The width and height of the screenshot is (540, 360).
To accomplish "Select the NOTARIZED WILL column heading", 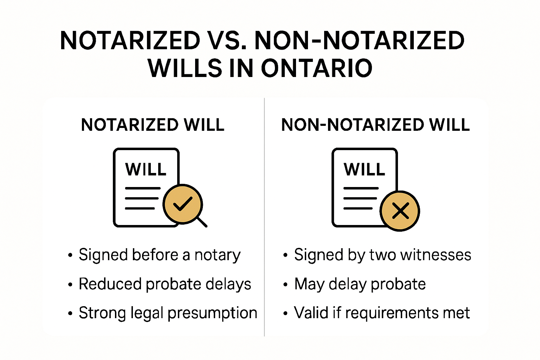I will [153, 125].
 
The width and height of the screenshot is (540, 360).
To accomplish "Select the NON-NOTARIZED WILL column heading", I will [375, 125].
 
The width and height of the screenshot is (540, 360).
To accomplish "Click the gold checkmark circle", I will [182, 204].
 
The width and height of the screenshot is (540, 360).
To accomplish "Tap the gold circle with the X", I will [400, 211].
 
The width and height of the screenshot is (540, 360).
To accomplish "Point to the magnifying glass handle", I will [201, 222].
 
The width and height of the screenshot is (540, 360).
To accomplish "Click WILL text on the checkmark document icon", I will [146, 169].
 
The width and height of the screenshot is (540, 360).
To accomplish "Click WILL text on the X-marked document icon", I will [365, 169].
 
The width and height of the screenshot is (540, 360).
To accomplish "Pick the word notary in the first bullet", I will [218, 255].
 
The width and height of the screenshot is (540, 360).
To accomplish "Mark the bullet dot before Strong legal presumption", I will [70, 313].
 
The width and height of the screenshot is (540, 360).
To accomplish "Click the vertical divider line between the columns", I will [264, 218].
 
